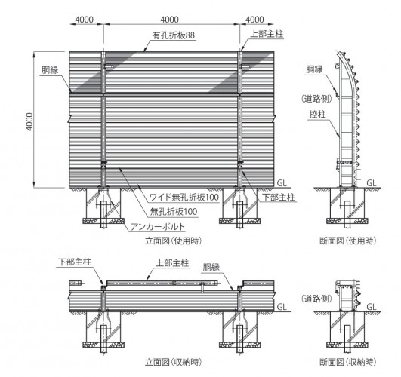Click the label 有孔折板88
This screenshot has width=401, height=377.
pyautogui.click(x=174, y=35)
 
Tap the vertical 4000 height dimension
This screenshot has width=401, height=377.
pyautogui.click(x=29, y=122)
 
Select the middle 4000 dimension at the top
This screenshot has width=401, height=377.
pyautogui.click(x=170, y=20)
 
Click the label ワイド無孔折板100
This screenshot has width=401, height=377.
pyautogui.click(x=184, y=198)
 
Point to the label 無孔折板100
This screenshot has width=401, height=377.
pyautogui.click(x=174, y=211)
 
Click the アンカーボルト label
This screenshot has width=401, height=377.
pyautogui.click(x=158, y=227)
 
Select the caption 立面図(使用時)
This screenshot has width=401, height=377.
pyautogui.click(x=174, y=241)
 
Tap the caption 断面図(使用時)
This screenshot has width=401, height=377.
pyautogui.click(x=348, y=241)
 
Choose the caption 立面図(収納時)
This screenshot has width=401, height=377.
pyautogui.click(x=174, y=362)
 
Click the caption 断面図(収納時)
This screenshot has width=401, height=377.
pyautogui.click(x=348, y=362)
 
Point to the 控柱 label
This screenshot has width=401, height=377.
pyautogui.click(x=318, y=115)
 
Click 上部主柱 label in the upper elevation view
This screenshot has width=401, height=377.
pyautogui.click(x=267, y=34)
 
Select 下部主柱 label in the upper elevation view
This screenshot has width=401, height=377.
pyautogui.click(x=279, y=198)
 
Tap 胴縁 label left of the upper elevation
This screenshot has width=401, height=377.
pyautogui.click(x=50, y=70)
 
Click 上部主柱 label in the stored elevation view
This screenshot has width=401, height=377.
pyautogui.click(x=172, y=263)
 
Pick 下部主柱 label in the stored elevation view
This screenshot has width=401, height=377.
pyautogui.click(x=75, y=262)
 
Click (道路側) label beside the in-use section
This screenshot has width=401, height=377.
pyautogui.click(x=317, y=99)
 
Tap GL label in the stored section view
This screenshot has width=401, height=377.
pyautogui.click(x=372, y=307)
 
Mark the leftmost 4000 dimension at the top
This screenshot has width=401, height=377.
pyautogui.click(x=85, y=20)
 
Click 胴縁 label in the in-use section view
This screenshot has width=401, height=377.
pyautogui.click(x=314, y=69)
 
